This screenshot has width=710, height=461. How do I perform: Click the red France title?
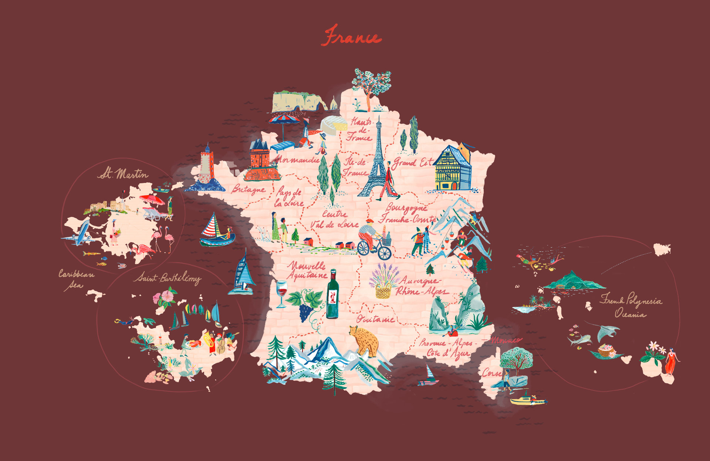[352, 36]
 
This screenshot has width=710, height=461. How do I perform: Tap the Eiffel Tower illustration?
[377, 159]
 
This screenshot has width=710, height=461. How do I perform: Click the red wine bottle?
[332, 294]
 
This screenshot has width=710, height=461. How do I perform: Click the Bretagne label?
[248, 190]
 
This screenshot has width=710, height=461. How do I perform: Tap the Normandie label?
[298, 160]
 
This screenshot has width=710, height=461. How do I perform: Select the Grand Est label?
[412, 162]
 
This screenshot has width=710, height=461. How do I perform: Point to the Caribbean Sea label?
[76, 280]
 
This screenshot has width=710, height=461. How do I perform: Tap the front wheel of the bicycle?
[385, 253]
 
